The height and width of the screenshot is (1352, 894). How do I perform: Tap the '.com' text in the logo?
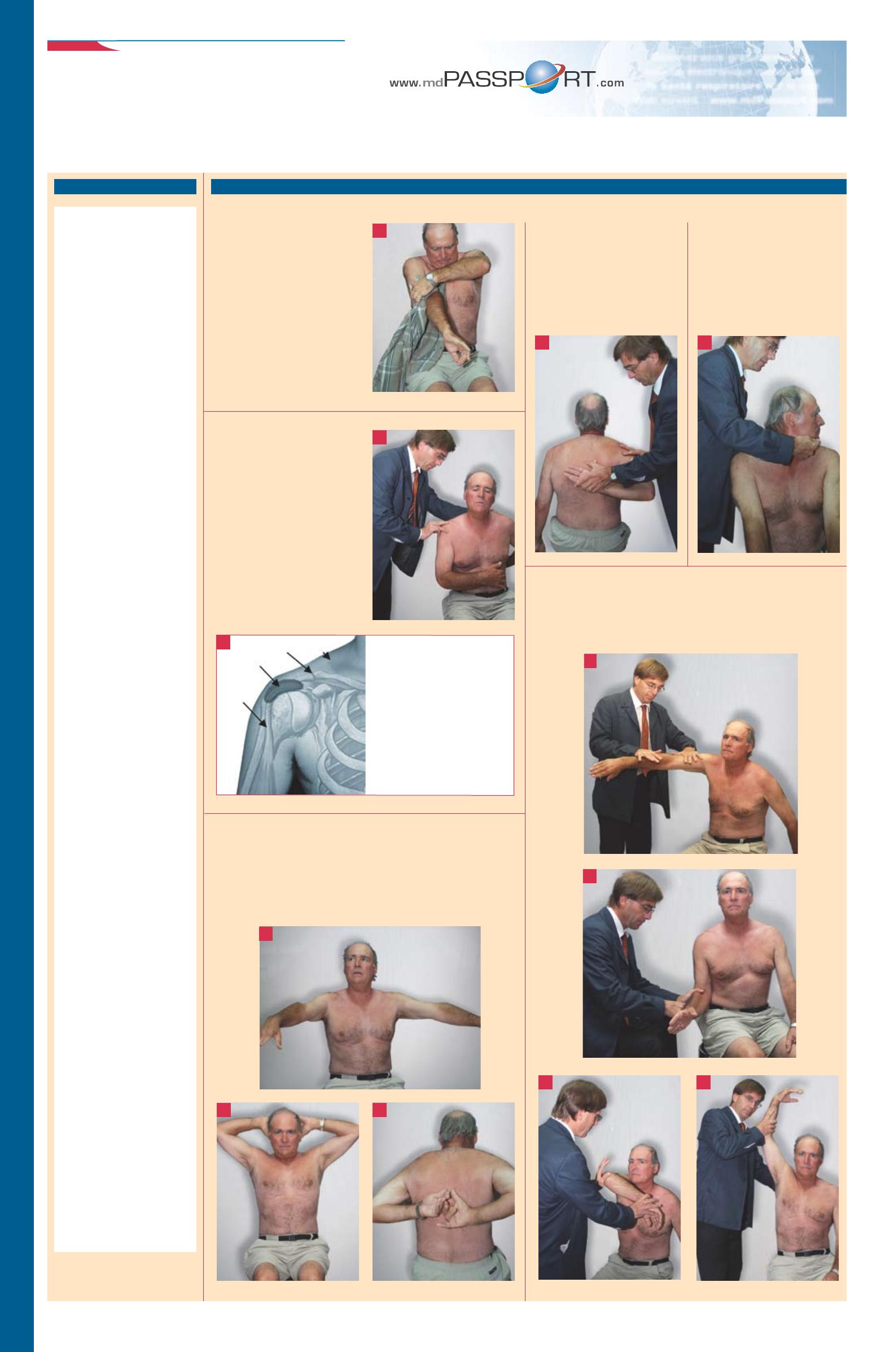pos(610,82)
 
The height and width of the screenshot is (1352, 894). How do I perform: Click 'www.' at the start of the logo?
pos(404,83)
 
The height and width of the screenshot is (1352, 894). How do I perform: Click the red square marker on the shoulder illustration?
pos(224,642)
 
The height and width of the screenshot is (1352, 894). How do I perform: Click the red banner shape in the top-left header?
pos(83,46)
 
